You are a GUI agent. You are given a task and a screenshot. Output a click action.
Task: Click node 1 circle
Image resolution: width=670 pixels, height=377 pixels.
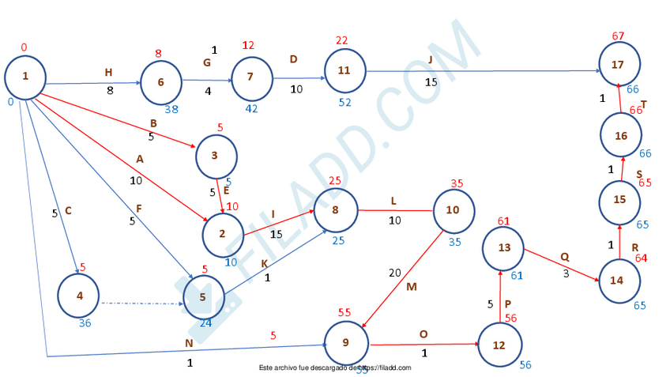(x=25, y=77)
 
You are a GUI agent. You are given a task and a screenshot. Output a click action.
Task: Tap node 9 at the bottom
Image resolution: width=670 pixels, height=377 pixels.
(x=346, y=343)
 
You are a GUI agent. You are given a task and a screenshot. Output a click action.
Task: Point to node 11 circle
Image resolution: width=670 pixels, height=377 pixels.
(x=344, y=70)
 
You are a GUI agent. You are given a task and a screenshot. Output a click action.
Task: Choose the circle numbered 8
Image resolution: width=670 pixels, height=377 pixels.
(x=335, y=210)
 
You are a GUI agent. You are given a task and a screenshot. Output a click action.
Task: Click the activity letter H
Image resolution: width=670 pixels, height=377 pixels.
(x=108, y=73)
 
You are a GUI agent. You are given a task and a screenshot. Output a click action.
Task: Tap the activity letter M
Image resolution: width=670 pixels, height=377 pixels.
(x=411, y=287)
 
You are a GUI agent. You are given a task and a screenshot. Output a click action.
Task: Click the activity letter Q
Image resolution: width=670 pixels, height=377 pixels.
(x=564, y=256)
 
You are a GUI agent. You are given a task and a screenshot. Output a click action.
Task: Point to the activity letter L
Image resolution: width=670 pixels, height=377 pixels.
(x=393, y=201)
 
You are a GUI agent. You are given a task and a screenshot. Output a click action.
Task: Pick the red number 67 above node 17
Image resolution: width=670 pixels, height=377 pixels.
(x=619, y=36)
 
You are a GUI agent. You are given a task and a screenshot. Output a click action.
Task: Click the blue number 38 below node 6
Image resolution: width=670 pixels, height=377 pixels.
(x=171, y=110)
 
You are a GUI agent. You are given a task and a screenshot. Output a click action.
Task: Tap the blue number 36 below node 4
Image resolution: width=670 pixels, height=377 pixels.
(x=85, y=322)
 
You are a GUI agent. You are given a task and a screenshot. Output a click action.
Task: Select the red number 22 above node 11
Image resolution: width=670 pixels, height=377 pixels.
(x=341, y=40)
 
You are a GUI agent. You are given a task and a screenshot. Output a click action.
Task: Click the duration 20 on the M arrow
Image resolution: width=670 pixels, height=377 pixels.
(x=394, y=273)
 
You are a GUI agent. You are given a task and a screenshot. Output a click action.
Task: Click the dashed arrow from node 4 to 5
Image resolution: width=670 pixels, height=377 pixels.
(x=142, y=301)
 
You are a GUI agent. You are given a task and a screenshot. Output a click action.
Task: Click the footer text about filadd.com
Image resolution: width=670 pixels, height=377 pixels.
(x=335, y=368)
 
